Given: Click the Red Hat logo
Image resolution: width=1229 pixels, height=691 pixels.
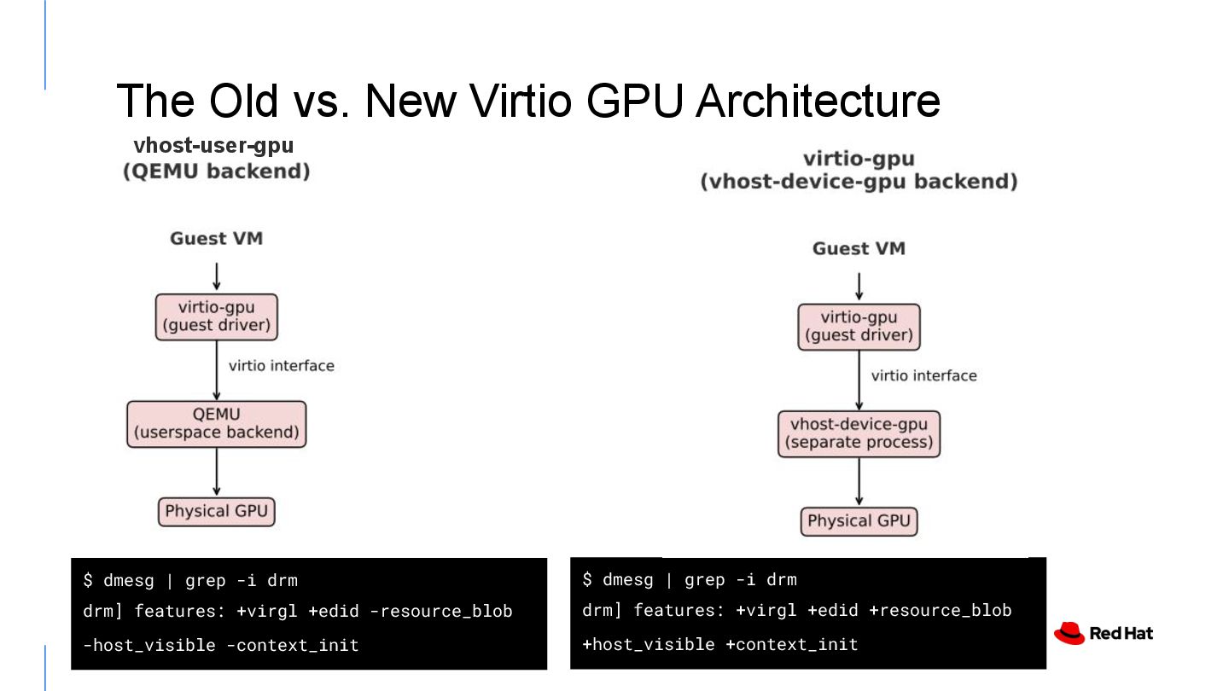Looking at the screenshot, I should [x=1103, y=633].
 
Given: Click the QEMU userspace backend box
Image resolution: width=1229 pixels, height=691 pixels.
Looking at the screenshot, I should [x=216, y=424].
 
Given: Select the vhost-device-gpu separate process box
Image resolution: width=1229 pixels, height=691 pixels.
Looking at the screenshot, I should [x=859, y=433].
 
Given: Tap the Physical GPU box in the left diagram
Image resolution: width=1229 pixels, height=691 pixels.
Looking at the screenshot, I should [x=216, y=512].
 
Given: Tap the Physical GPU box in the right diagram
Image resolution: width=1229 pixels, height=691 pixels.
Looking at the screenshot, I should [x=859, y=521].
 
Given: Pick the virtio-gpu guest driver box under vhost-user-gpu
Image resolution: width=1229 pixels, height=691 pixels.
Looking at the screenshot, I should [x=216, y=316].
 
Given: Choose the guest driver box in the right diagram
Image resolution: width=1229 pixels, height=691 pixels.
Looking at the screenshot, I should [x=859, y=327].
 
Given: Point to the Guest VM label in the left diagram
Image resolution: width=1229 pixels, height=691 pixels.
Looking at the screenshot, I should [x=216, y=239].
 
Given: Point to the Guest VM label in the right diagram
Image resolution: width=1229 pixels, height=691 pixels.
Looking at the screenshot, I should [x=859, y=249].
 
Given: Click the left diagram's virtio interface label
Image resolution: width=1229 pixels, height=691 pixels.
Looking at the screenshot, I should [x=282, y=366].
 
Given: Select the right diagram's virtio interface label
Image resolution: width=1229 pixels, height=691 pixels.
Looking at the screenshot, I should [x=923, y=375].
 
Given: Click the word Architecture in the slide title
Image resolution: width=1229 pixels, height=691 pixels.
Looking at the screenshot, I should [x=818, y=101].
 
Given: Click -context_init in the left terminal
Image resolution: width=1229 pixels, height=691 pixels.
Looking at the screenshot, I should [x=293, y=645].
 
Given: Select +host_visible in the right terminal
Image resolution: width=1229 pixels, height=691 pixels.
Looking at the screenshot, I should [x=648, y=645].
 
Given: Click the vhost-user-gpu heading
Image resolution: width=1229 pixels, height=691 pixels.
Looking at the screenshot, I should [x=213, y=146].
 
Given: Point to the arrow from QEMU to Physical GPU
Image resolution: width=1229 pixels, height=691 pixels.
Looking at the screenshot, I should [x=216, y=472].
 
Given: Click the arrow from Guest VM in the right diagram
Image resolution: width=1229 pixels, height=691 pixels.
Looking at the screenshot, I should [x=859, y=287].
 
